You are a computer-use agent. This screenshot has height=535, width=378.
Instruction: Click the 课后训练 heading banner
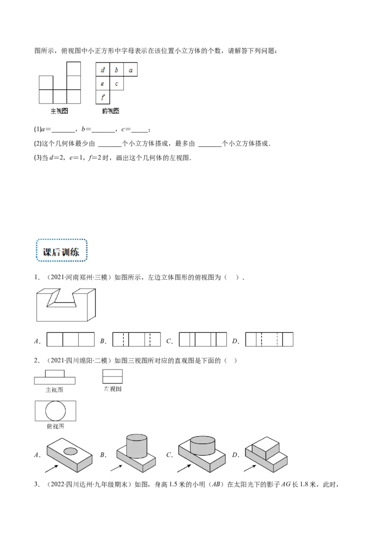coord(60,251)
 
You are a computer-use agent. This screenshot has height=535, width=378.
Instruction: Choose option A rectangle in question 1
coord(71,340)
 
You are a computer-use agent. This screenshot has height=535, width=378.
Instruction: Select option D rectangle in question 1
coord(269,340)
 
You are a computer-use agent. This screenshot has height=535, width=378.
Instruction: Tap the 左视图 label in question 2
coord(112,388)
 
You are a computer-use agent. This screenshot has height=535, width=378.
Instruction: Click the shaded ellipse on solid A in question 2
coord(70,450)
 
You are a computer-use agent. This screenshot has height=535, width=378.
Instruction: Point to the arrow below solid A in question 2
coord(52,468)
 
